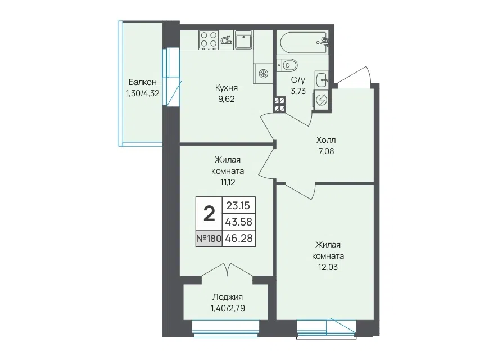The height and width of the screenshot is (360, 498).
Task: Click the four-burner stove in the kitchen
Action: point(209,40)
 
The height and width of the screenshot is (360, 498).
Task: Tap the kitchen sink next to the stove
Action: point(243,40)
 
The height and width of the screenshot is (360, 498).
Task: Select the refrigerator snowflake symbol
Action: point(263,74)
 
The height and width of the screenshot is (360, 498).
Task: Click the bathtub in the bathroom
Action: point(304,42)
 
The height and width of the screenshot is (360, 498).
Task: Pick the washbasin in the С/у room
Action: point(322,79)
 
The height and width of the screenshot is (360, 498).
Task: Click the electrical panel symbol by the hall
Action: point(322,100)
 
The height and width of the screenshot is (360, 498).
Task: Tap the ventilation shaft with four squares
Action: point(279,105)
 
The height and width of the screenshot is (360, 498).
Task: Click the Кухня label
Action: point(227,88)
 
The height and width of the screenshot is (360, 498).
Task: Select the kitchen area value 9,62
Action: point(227,99)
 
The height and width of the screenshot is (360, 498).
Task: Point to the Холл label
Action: point(326,140)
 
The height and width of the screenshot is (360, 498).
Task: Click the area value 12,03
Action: point(328,267)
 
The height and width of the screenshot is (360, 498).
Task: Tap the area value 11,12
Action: point(228,182)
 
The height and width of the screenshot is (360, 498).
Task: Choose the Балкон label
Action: point(143,82)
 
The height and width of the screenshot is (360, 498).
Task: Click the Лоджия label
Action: point(228,297)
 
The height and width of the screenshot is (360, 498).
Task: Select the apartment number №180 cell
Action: point(209,238)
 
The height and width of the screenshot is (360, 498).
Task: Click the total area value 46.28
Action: point(238,238)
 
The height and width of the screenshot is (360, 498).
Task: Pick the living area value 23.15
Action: point(238,205)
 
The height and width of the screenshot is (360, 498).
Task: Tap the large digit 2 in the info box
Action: point(209,214)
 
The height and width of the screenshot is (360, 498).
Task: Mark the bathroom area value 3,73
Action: point(298,91)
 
